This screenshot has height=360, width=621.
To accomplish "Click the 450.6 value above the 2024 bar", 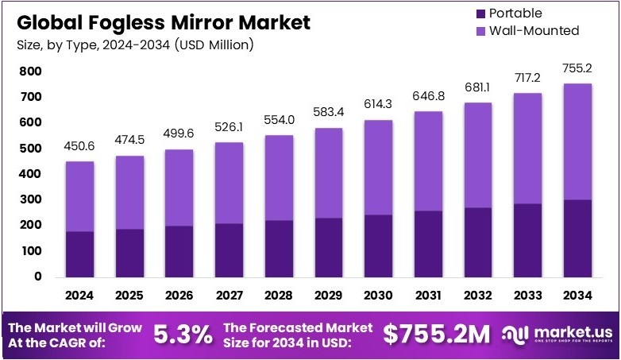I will coord(79,148).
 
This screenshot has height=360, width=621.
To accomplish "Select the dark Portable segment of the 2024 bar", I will coord(79,254).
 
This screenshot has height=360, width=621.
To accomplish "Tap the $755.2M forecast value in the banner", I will coord(436,335).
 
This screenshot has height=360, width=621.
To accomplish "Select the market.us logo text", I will coord(568,331).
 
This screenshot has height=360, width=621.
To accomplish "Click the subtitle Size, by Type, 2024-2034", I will coord(134,45).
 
